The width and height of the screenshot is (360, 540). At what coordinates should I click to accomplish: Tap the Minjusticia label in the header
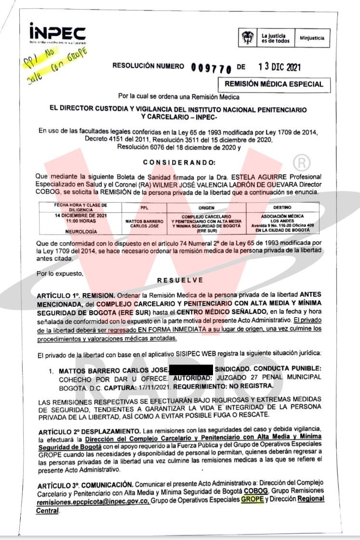(x=312, y=38)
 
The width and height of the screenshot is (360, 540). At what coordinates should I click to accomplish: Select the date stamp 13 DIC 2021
(x=280, y=67)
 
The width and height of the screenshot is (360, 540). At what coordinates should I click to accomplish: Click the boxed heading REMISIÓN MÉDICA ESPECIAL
(x=274, y=84)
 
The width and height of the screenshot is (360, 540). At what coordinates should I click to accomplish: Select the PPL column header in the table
(x=143, y=208)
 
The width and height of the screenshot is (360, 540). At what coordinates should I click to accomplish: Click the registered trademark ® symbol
(x=302, y=163)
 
